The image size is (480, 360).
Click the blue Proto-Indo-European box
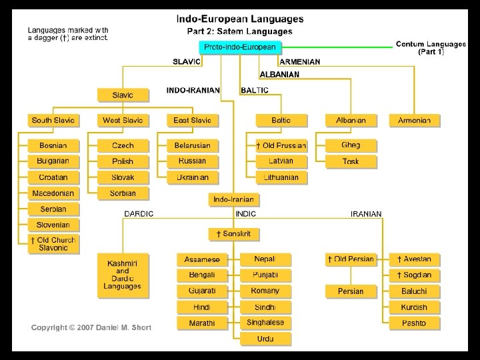point(240,47)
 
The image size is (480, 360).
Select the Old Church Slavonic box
point(53,244)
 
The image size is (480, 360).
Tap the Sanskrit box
point(233,234)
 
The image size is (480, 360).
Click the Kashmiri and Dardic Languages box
point(123,275)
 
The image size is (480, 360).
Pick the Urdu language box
point(265,339)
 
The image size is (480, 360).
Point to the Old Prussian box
point(281,145)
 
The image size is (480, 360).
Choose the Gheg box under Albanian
point(351,145)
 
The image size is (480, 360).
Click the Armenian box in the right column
point(419,121)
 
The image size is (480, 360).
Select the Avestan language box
point(414,259)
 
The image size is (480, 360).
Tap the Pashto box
point(414,323)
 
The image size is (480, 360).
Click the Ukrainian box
point(192,177)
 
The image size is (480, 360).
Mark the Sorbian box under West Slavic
point(123,193)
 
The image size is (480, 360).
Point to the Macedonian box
point(53,193)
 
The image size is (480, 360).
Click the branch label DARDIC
point(139,214)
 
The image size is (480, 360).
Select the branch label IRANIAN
point(366,214)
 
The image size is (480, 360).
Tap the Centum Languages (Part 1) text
point(431,48)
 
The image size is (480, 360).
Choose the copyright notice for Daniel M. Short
point(91,327)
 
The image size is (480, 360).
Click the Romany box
point(265,291)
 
